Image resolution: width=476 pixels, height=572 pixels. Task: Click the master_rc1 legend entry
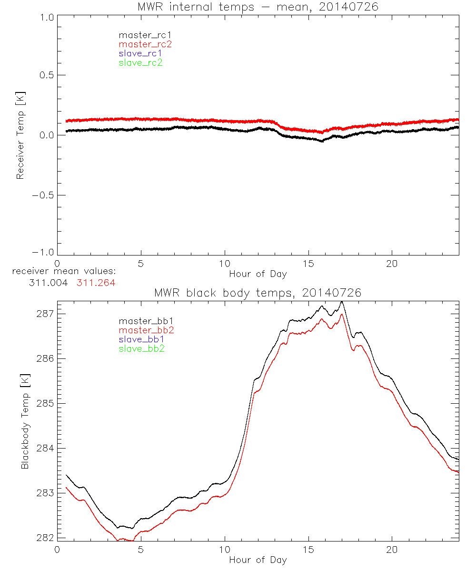tap(140, 35)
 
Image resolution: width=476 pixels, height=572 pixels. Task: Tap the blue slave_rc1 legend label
tap(140, 53)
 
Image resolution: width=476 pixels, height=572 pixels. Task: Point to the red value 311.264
tap(96, 283)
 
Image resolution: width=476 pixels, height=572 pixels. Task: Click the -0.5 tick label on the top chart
tap(43, 195)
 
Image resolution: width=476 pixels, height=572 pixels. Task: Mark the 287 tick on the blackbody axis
tap(45, 314)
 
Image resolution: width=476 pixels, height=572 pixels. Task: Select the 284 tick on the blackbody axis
tap(45, 449)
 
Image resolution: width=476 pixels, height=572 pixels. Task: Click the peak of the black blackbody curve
tap(341, 302)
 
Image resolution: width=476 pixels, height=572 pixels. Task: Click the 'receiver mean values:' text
tap(65, 272)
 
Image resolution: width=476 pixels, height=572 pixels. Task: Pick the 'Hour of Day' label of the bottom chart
tap(258, 560)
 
